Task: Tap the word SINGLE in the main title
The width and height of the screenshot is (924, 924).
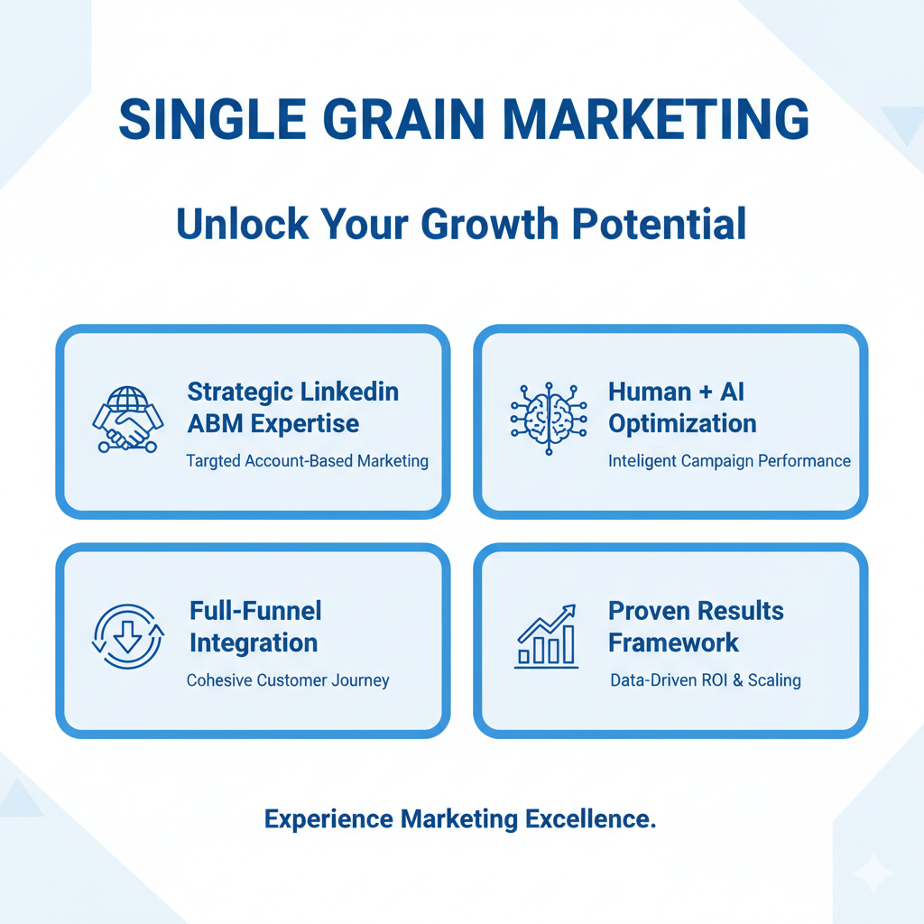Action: coord(212,119)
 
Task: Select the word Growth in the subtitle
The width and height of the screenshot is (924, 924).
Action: coord(490,225)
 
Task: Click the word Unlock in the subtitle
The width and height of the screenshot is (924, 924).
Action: coord(242,225)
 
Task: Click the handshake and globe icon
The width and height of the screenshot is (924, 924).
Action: coord(128,419)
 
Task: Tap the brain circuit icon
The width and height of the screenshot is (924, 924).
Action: coord(549,419)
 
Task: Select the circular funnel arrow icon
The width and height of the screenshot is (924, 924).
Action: coord(128,636)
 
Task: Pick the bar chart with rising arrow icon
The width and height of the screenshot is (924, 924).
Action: coord(546,636)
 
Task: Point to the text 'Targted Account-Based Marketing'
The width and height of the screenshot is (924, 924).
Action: coord(307,461)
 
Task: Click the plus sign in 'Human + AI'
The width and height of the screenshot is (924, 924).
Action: coord(706,393)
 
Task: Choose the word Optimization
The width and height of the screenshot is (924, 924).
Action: coord(682,424)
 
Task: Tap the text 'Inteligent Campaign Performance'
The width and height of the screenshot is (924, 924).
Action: coord(729,461)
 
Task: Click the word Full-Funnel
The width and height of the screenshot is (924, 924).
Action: coord(255,611)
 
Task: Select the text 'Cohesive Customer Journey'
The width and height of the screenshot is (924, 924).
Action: coord(288,680)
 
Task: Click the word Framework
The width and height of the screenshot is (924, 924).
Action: coord(673,642)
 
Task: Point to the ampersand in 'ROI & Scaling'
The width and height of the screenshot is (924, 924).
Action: coord(738,680)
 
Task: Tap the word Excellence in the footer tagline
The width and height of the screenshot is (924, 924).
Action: coord(590,819)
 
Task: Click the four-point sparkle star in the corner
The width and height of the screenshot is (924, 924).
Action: coord(873,873)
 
